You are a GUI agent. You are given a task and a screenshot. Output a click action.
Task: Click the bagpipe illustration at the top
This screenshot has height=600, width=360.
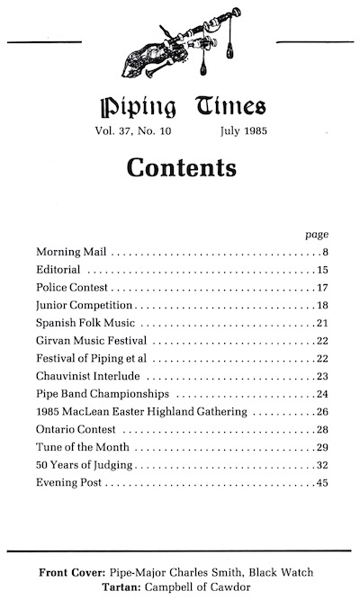[181, 44]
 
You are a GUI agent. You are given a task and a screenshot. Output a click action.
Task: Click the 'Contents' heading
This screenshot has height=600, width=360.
[181, 167]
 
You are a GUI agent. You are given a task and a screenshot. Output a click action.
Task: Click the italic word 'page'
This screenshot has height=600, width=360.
[318, 232]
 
